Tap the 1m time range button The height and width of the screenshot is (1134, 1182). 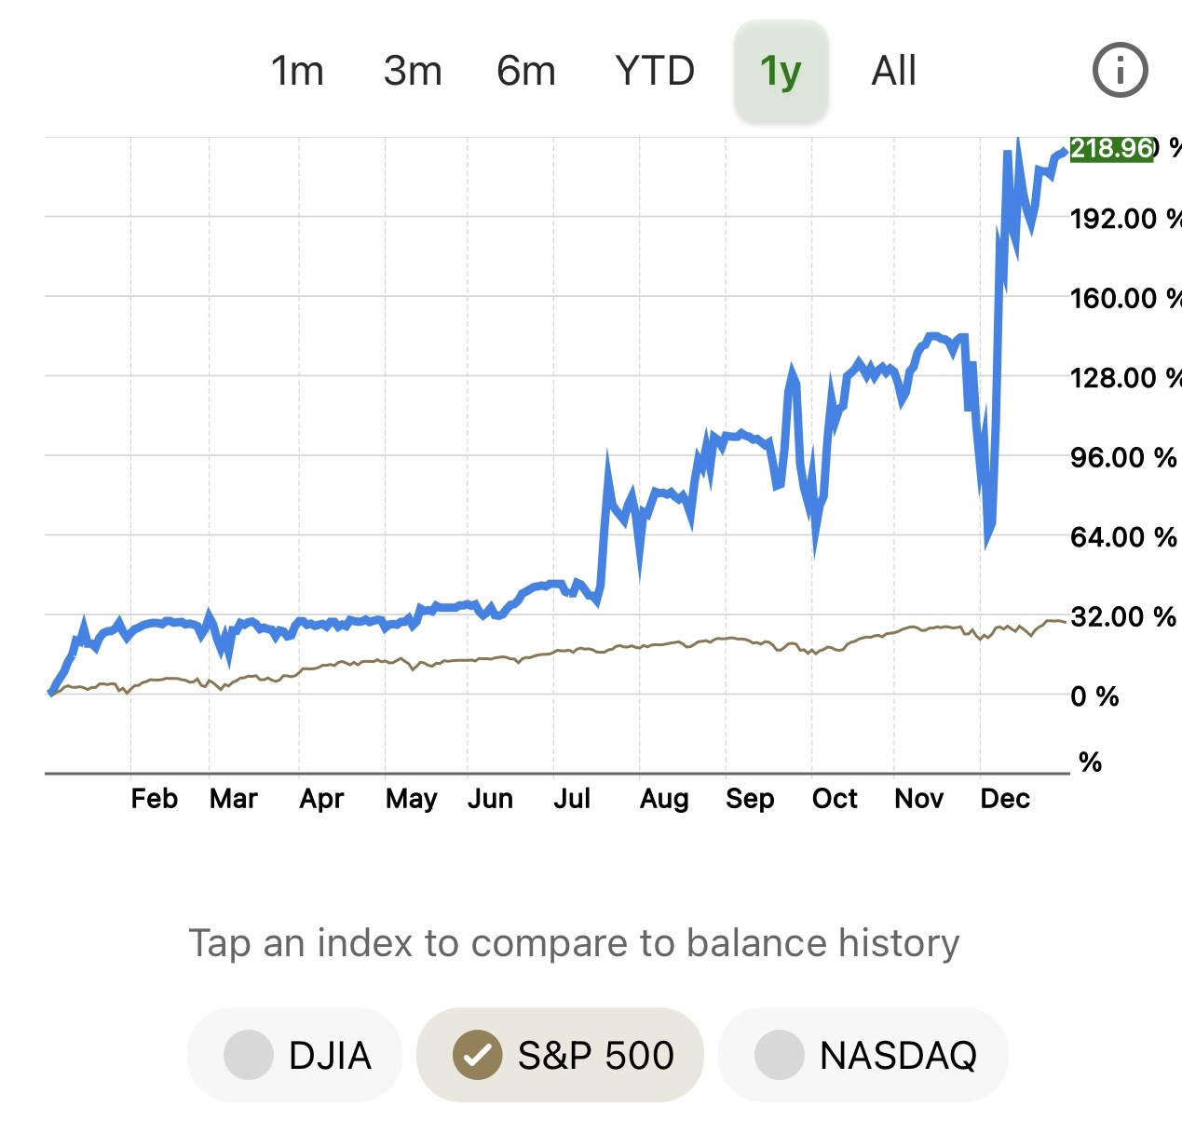point(297,71)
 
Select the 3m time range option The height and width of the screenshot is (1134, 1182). point(413,71)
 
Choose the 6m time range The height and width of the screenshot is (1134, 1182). point(526,71)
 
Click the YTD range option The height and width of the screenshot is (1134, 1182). point(655,71)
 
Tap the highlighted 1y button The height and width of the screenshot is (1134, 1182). point(781,71)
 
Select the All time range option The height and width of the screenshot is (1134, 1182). point(894,71)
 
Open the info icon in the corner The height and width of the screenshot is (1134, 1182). point(1120,70)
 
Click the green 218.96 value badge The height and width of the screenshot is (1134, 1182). point(1112,148)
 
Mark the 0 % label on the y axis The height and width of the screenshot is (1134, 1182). point(1094,695)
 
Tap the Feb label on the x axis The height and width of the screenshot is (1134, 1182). point(154,799)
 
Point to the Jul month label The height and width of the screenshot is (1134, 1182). point(572,799)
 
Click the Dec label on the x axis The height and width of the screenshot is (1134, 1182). point(1005,799)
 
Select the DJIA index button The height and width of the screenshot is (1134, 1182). point(295,1055)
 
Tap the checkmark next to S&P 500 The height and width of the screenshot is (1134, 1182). point(477,1055)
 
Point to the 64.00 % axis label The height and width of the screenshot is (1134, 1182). point(1123,537)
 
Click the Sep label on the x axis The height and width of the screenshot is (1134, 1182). point(750,799)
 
